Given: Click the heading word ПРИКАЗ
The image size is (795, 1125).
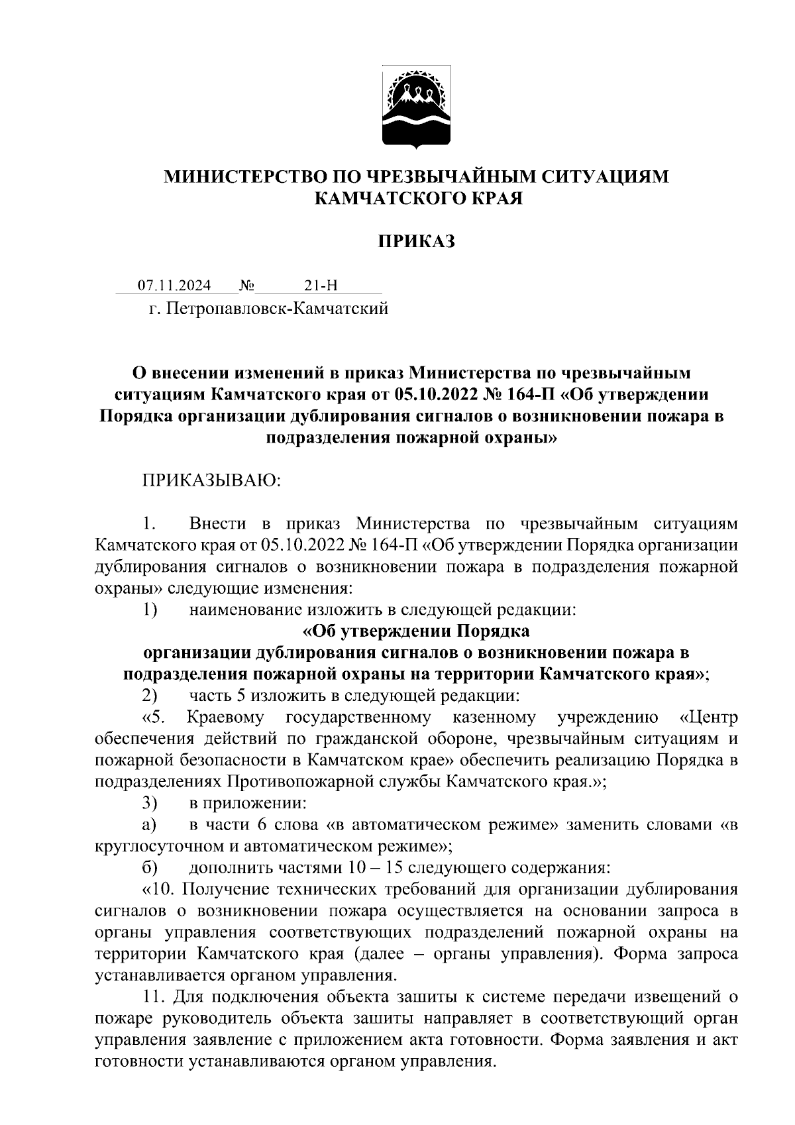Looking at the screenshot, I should [x=417, y=242].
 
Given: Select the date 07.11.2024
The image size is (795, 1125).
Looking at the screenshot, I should [x=174, y=286].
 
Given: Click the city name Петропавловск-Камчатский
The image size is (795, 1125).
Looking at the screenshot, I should [x=278, y=309].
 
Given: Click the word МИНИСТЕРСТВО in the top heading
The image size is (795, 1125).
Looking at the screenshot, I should [x=253, y=176].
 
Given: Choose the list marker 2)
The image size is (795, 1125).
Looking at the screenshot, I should [x=149, y=696].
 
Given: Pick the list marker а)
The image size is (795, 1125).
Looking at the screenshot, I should [x=148, y=826].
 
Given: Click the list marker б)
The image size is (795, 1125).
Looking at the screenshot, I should [x=148, y=867].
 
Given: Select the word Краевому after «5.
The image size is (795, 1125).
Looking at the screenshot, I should [x=225, y=718].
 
